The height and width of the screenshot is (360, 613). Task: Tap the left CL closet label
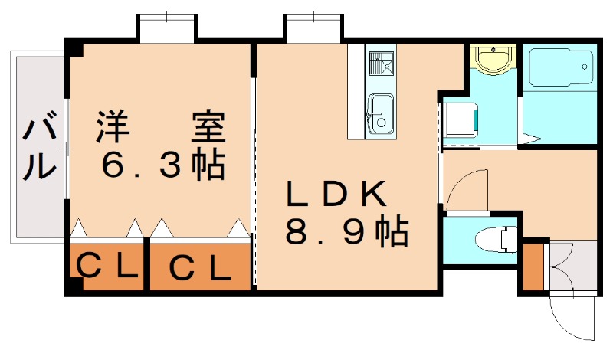107,267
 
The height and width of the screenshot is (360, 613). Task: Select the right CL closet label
199,268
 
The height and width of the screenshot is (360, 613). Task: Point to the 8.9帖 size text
345,232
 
